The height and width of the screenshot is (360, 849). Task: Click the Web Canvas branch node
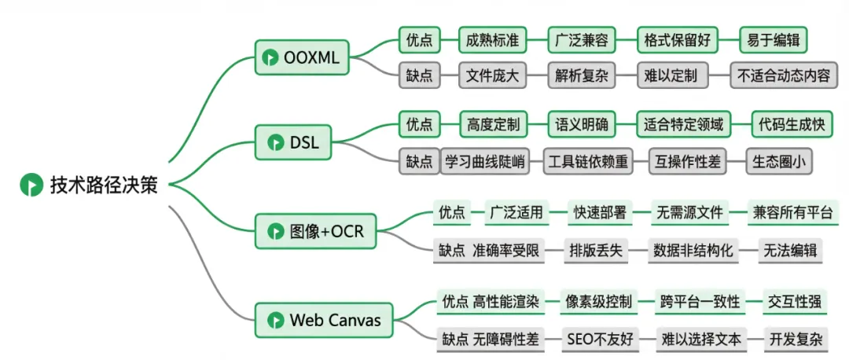[325, 320]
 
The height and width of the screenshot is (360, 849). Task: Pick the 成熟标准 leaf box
[493, 39]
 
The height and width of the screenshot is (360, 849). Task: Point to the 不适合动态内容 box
[784, 76]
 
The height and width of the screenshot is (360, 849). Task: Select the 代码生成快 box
[791, 124]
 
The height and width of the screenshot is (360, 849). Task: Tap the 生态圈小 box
[778, 162]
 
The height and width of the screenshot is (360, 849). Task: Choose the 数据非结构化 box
[693, 251]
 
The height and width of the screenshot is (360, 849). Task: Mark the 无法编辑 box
[790, 251]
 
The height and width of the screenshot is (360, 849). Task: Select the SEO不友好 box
[599, 340]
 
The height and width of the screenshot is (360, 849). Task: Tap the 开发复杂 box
[796, 340]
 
